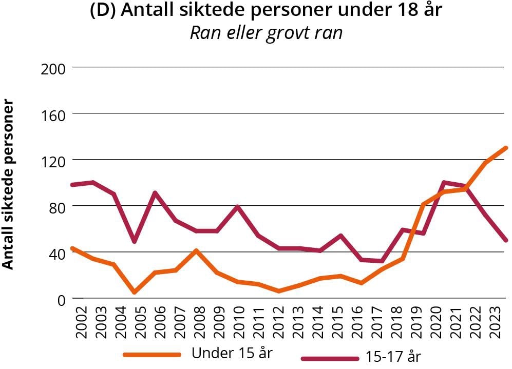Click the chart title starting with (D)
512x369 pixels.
pyautogui.click(x=266, y=11)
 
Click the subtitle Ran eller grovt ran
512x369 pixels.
pyautogui.click(x=266, y=32)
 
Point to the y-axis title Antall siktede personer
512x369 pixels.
pyautogui.click(x=8, y=184)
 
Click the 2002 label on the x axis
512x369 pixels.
pyautogui.click(x=81, y=322)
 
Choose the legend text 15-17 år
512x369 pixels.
pyautogui.click(x=393, y=356)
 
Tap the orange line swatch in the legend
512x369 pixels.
pyautogui.click(x=152, y=354)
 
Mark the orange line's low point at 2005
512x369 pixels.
pyautogui.click(x=135, y=292)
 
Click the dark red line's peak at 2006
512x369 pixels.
pyautogui.click(x=155, y=193)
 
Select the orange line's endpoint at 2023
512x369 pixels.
pyautogui.click(x=506, y=148)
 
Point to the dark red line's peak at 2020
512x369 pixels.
pyautogui.click(x=443, y=182)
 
